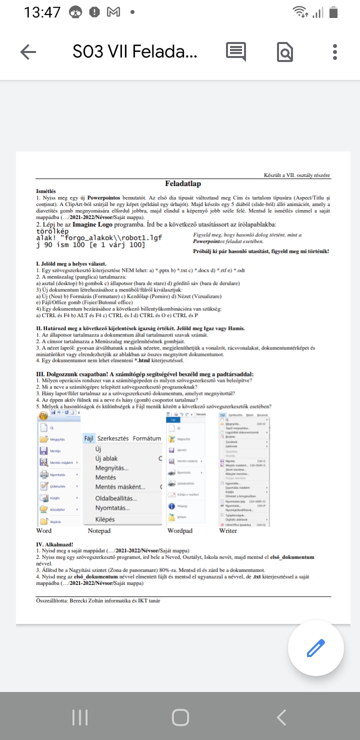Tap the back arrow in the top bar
28,52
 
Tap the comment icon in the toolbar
236,51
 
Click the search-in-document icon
285,52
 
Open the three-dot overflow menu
334,52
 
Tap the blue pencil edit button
315,648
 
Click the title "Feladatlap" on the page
183,184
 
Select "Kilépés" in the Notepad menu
105,519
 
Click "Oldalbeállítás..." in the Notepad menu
116,498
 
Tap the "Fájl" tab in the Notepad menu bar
89,438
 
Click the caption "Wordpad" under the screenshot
180,530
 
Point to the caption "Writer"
228,530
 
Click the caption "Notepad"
99,530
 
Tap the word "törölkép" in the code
52,231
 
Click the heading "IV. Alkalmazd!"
55,543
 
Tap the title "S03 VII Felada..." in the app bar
135,51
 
